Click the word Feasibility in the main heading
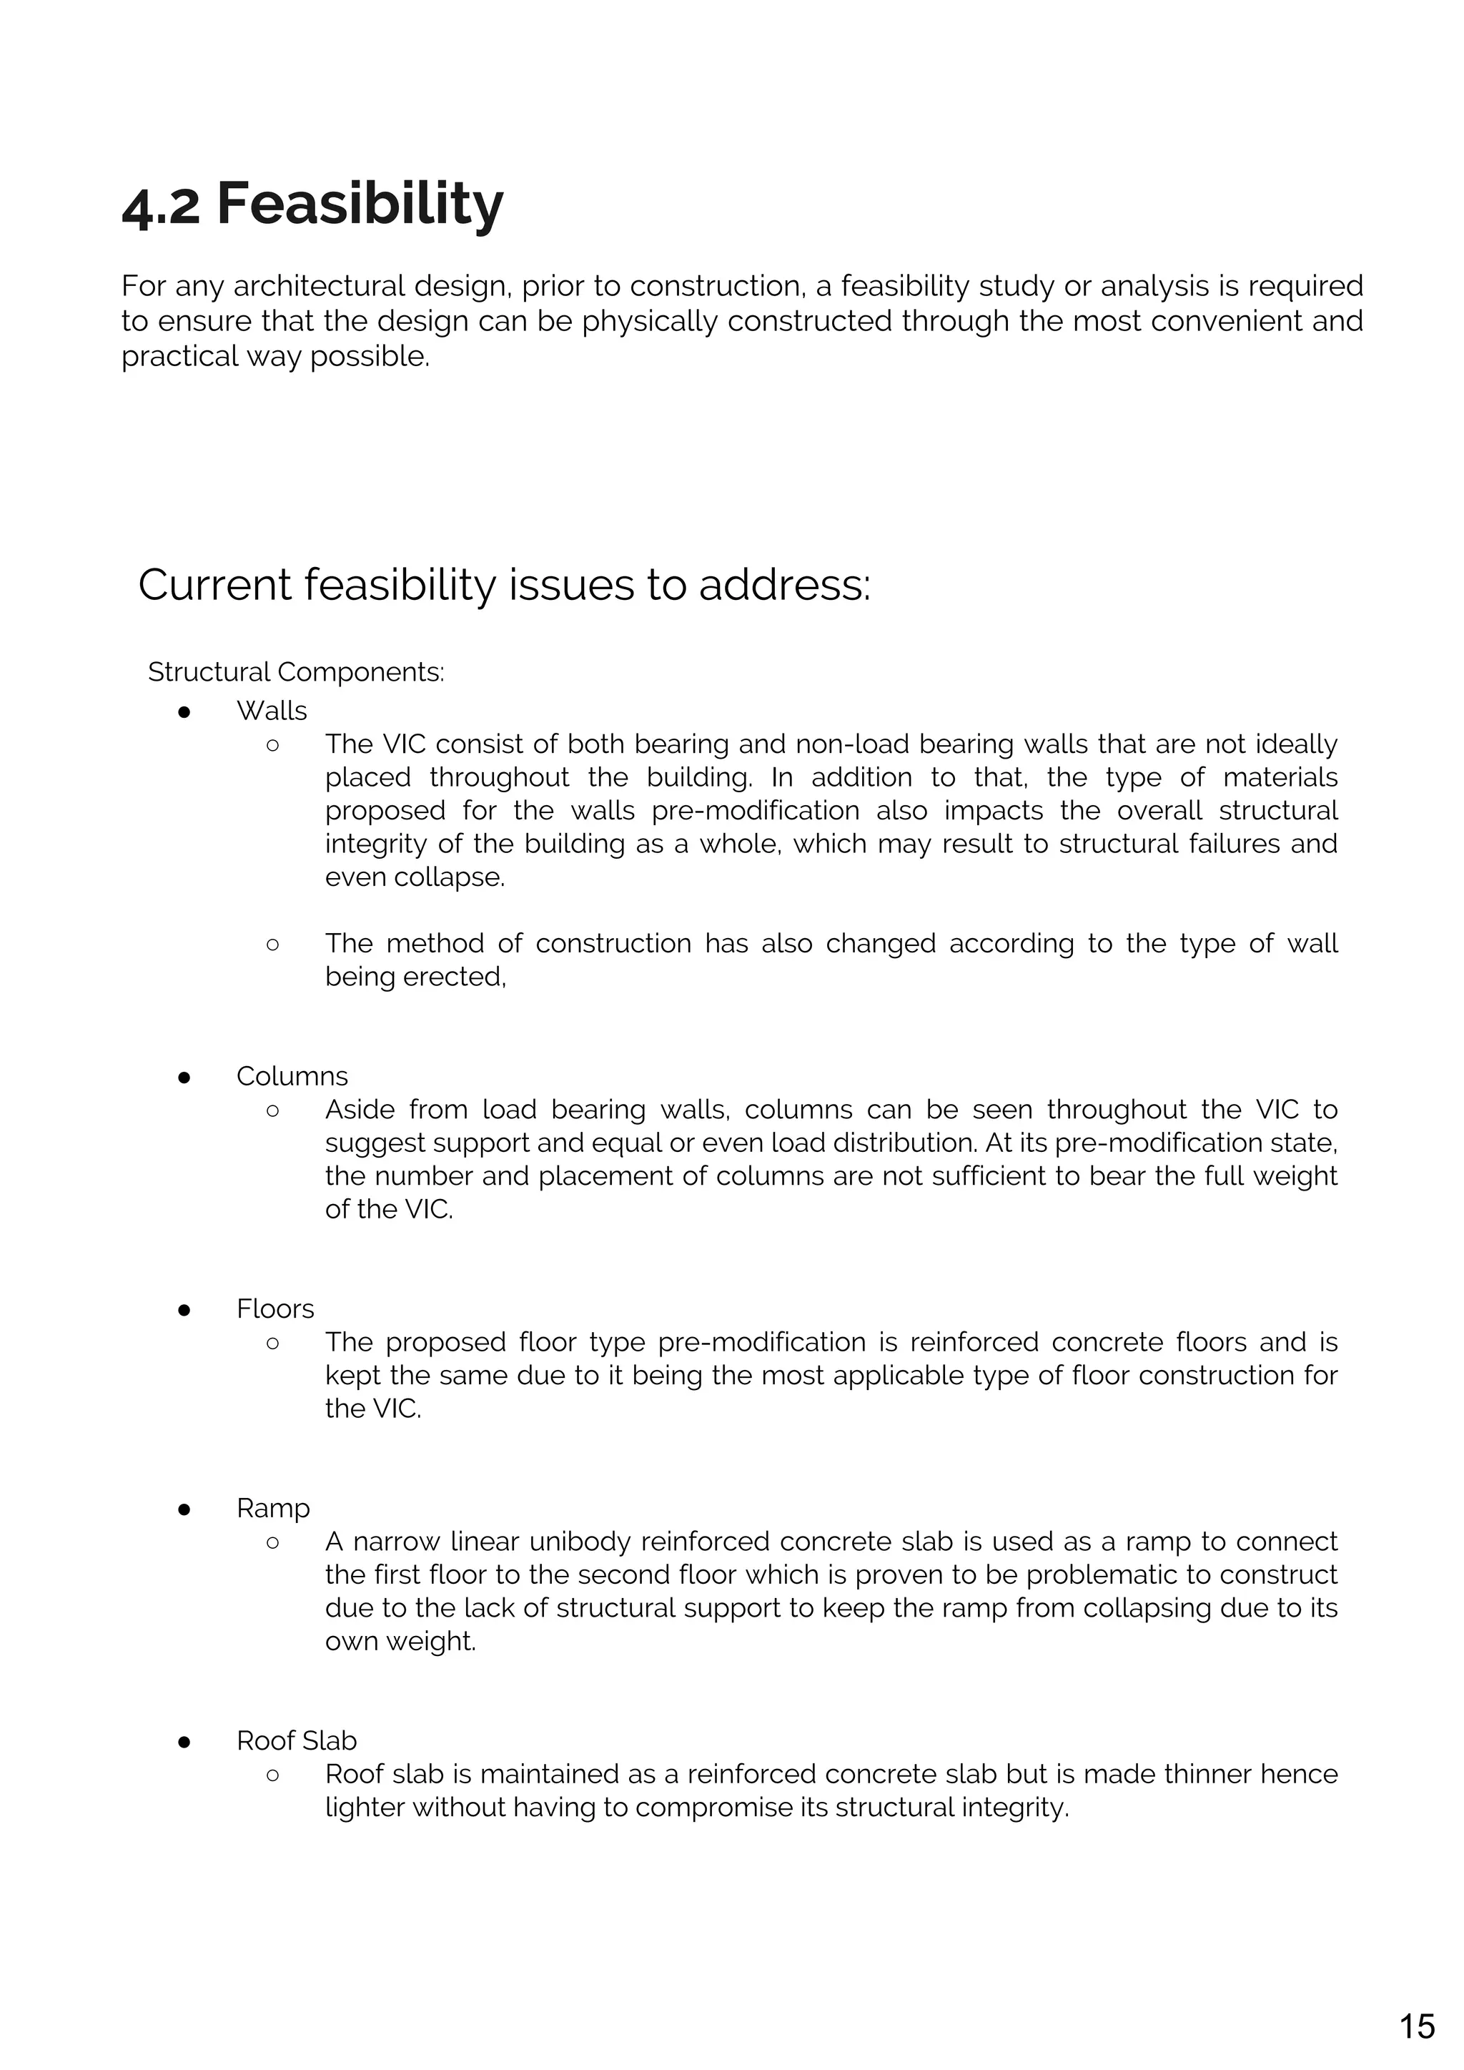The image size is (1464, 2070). [x=360, y=204]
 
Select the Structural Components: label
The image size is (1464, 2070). [x=296, y=671]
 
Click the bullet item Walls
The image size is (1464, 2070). [x=272, y=711]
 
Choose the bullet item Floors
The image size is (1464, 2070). [x=275, y=1308]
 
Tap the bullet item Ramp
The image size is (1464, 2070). [x=273, y=1507]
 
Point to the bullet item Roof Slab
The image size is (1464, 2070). [x=297, y=1740]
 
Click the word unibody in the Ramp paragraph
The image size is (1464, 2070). [x=580, y=1542]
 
